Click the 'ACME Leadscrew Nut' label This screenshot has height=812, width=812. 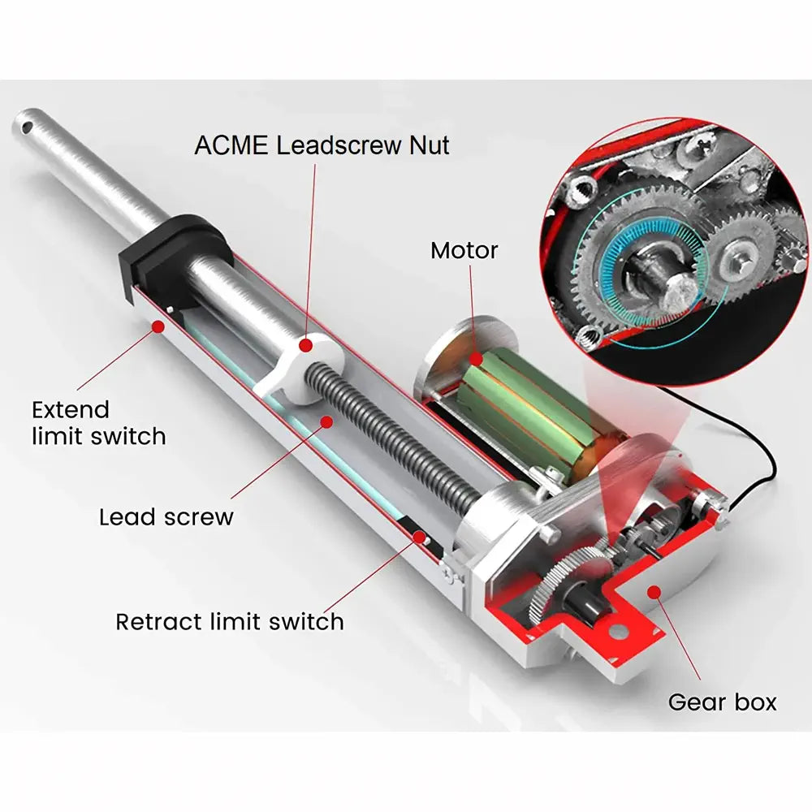[322, 145]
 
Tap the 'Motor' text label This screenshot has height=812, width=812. [464, 251]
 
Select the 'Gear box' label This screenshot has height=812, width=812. [723, 702]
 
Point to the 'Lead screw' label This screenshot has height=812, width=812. [166, 516]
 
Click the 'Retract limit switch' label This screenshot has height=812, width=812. [230, 621]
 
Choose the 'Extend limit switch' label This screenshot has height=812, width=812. [99, 423]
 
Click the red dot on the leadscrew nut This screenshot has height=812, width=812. [306, 345]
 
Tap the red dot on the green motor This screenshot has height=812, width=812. [476, 359]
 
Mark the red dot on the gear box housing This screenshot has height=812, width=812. [654, 591]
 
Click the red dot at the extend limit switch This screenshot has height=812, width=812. [158, 326]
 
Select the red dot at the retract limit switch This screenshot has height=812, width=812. [419, 537]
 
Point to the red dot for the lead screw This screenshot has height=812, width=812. [326, 422]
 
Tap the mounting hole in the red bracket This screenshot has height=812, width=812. [617, 631]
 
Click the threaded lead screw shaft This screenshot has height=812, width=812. [394, 439]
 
